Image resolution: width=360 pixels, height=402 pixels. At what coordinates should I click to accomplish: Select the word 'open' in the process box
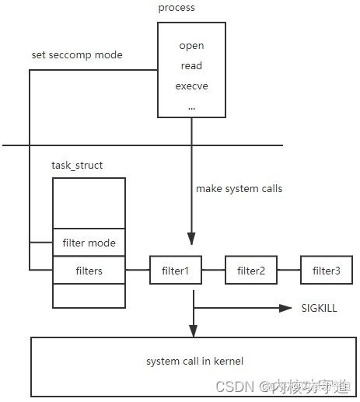click(x=191, y=46)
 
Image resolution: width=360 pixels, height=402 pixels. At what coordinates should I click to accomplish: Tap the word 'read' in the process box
click(x=191, y=66)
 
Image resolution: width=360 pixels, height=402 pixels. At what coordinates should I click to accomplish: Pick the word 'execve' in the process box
click(x=191, y=86)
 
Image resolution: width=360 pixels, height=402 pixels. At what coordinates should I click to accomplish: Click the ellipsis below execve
click(x=191, y=105)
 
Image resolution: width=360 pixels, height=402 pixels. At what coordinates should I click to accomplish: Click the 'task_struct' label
click(x=76, y=166)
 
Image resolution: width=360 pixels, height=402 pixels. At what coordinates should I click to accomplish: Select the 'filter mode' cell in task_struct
click(x=89, y=243)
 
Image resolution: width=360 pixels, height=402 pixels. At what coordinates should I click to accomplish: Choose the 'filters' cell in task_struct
click(x=89, y=271)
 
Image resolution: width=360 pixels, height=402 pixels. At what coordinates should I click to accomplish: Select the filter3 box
click(x=326, y=271)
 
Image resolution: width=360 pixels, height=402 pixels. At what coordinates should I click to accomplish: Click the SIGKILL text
click(x=319, y=309)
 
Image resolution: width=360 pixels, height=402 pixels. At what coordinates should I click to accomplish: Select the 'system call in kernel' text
click(x=194, y=362)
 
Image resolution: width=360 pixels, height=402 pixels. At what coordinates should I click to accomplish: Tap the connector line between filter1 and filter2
click(x=213, y=271)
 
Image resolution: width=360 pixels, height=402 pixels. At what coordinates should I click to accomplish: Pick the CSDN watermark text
click(x=233, y=386)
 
